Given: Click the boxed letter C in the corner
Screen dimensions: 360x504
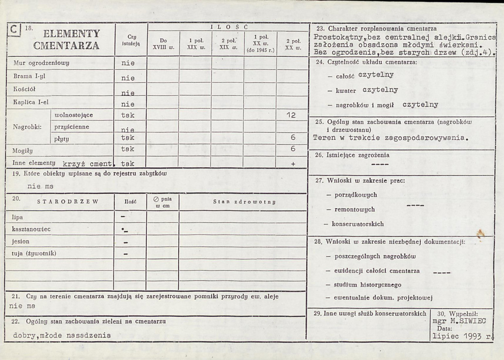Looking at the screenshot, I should [15, 30].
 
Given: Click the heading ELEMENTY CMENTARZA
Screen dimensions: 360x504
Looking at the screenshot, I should [72, 39].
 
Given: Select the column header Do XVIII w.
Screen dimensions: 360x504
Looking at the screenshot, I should [163, 44].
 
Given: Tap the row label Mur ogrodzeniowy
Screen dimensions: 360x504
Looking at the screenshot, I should [41, 63].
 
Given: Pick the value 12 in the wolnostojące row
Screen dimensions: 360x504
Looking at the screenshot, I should [290, 115].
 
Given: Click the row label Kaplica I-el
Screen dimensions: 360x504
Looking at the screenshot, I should [31, 102].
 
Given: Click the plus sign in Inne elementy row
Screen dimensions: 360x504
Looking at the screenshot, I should [293, 164].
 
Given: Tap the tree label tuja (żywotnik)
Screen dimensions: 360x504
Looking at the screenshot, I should [34, 253].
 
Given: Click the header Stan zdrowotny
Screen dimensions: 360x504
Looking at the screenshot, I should [244, 202].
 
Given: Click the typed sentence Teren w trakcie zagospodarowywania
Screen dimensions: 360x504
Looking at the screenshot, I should [391, 137].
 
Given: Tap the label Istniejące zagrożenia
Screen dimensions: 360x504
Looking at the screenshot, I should [358, 155].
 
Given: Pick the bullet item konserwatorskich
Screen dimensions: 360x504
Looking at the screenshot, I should [357, 224].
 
